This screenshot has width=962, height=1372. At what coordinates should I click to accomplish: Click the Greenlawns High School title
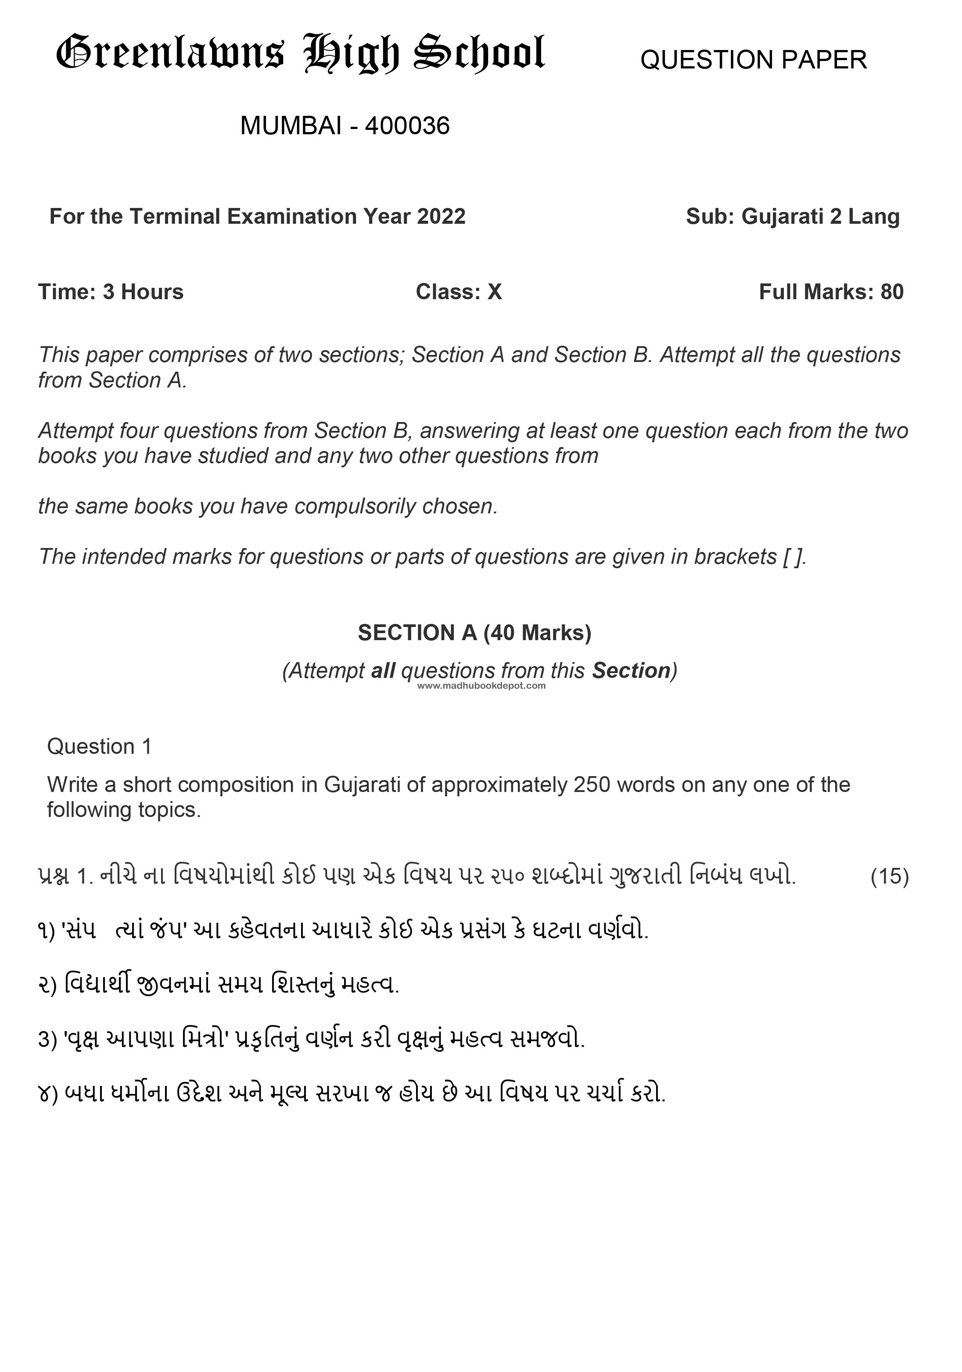300,54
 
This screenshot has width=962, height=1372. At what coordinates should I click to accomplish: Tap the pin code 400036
407,126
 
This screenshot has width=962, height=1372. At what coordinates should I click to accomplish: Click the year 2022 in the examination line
441,216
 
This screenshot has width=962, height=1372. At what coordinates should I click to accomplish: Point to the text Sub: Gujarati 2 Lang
792,216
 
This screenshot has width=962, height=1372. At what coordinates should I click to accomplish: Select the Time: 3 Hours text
111,292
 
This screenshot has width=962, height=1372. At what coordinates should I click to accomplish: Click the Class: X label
459,292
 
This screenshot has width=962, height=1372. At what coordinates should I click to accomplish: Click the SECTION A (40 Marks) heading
474,632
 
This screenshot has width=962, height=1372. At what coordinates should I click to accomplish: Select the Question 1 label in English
99,746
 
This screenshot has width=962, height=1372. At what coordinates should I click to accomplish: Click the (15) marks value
889,876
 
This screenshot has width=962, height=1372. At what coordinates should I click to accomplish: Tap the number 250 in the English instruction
591,785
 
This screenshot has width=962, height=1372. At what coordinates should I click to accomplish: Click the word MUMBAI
291,126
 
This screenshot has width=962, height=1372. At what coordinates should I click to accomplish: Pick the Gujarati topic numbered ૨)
218,985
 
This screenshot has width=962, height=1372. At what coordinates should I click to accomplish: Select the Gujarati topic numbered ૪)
352,1093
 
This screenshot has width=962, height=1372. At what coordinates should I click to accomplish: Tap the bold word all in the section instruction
383,670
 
